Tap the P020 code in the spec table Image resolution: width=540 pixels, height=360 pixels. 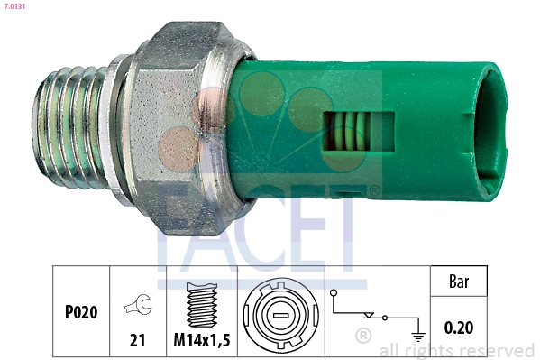click(x=81, y=313)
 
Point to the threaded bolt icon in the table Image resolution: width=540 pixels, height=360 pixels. click(x=201, y=303)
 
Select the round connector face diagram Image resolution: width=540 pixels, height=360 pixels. click(x=279, y=314)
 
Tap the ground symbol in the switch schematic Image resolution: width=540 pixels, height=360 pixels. click(x=417, y=336)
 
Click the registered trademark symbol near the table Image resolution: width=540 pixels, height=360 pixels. click(x=363, y=337)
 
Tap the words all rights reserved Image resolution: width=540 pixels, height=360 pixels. click(x=456, y=351)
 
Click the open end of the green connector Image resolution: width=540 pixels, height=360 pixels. click(x=491, y=131)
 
